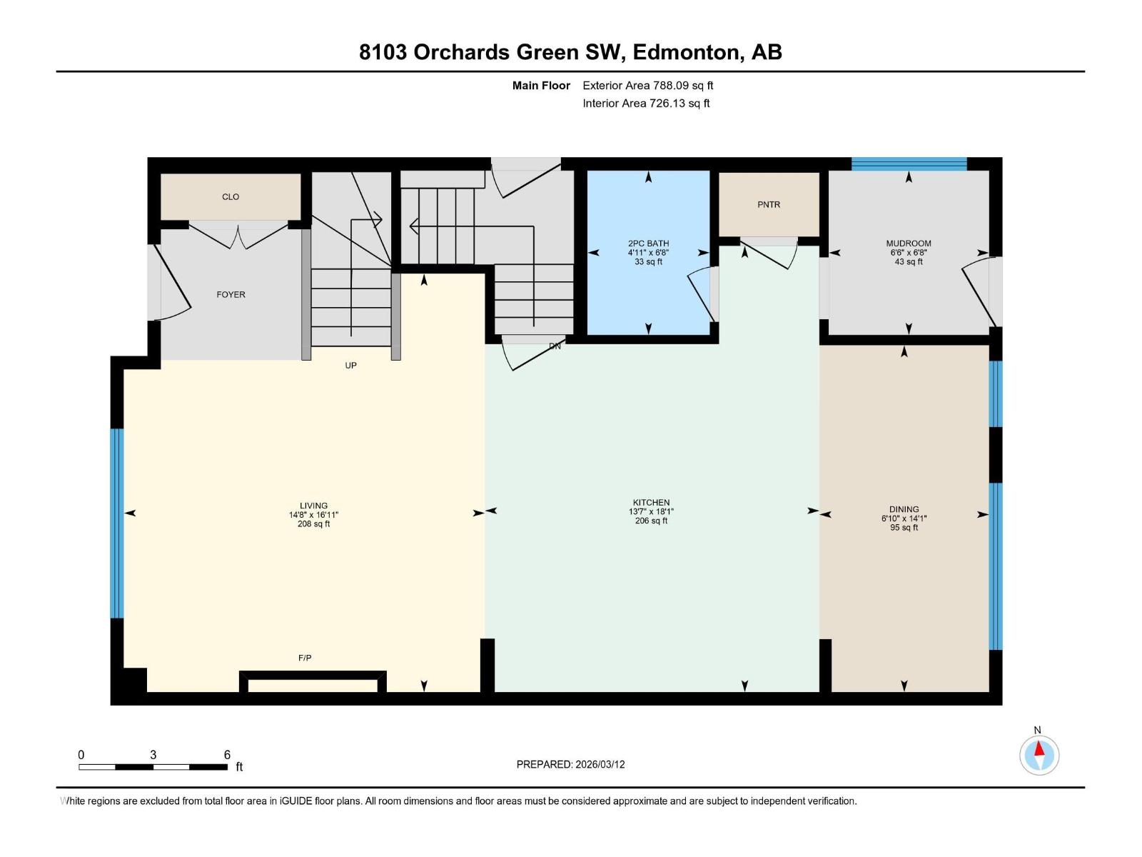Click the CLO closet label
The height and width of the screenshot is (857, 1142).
pyautogui.click(x=231, y=197)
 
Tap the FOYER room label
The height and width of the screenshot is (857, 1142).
pyautogui.click(x=231, y=294)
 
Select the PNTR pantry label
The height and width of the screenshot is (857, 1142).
pyautogui.click(x=769, y=205)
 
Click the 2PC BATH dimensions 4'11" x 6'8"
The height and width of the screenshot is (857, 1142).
pyautogui.click(x=648, y=253)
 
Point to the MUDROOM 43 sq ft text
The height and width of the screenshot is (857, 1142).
pyautogui.click(x=909, y=262)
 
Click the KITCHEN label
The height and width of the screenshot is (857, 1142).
pyautogui.click(x=651, y=502)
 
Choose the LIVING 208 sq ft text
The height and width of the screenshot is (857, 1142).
pyautogui.click(x=313, y=524)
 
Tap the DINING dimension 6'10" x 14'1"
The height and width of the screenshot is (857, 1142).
pyautogui.click(x=904, y=518)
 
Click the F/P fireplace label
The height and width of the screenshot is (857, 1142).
pyautogui.click(x=305, y=658)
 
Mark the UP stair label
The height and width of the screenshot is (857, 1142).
pyautogui.click(x=350, y=365)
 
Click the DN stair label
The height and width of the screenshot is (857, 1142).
pyautogui.click(x=555, y=346)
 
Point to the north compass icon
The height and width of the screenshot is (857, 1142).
pyautogui.click(x=1039, y=755)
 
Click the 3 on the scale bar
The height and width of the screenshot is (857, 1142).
pyautogui.click(x=153, y=755)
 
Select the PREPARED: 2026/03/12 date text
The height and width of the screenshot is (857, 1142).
pyautogui.click(x=570, y=764)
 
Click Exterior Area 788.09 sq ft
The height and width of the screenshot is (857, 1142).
pyautogui.click(x=647, y=86)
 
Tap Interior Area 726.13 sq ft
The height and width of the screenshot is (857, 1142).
pyautogui.click(x=646, y=104)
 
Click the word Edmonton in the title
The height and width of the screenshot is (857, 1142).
pyautogui.click(x=685, y=52)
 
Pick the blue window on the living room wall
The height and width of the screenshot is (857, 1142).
pyautogui.click(x=117, y=523)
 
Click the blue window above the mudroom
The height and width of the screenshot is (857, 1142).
pyautogui.click(x=909, y=164)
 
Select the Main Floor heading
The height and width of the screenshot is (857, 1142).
pyautogui.click(x=541, y=86)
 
